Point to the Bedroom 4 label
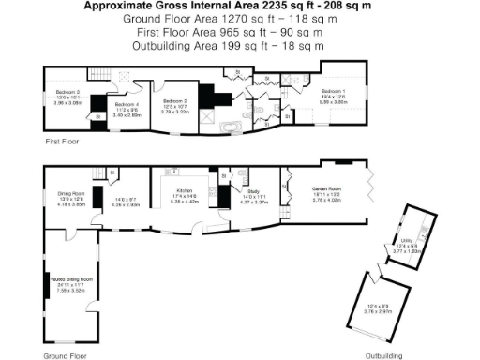[x=127, y=104]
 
